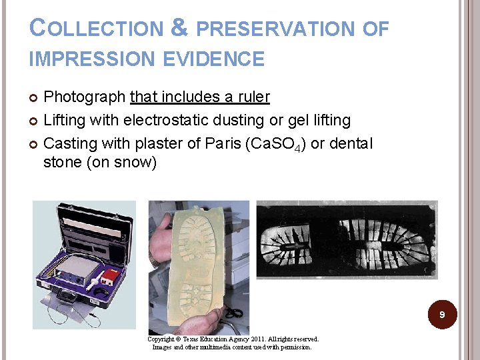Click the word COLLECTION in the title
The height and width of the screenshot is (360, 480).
coord(97,29)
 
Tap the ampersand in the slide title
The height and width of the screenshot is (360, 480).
coord(179,27)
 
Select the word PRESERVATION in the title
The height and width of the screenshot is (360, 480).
coord(276,29)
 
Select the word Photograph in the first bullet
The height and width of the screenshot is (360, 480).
coord(85,97)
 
